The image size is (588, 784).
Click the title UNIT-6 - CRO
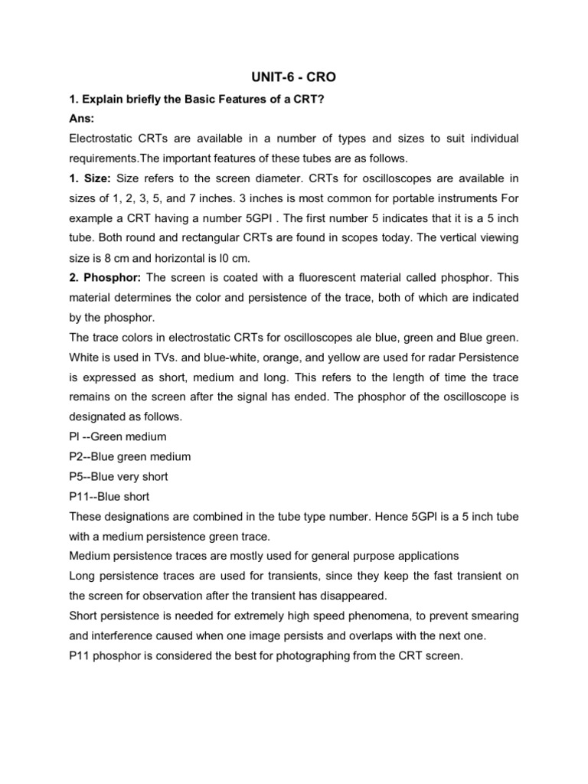[294, 79]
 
